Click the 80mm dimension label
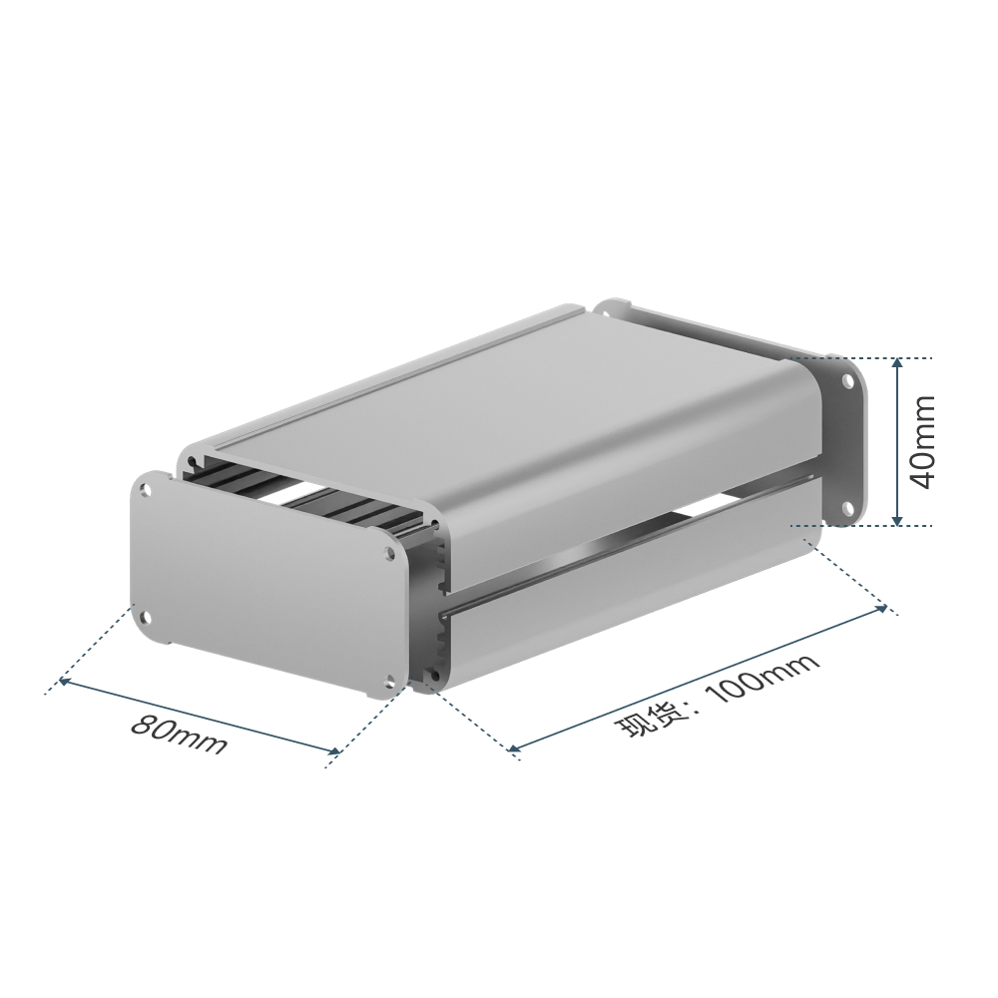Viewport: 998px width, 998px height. point(179,736)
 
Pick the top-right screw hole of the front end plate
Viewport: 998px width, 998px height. point(389,555)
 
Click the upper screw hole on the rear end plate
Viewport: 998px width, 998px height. point(848,382)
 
